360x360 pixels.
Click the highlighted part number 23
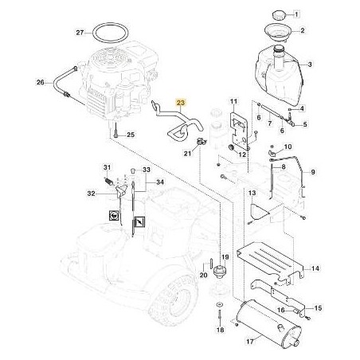(x=158, y=104)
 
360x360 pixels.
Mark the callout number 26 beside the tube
(x=40, y=81)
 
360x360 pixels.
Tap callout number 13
(x=251, y=194)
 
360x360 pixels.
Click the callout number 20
(x=204, y=276)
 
